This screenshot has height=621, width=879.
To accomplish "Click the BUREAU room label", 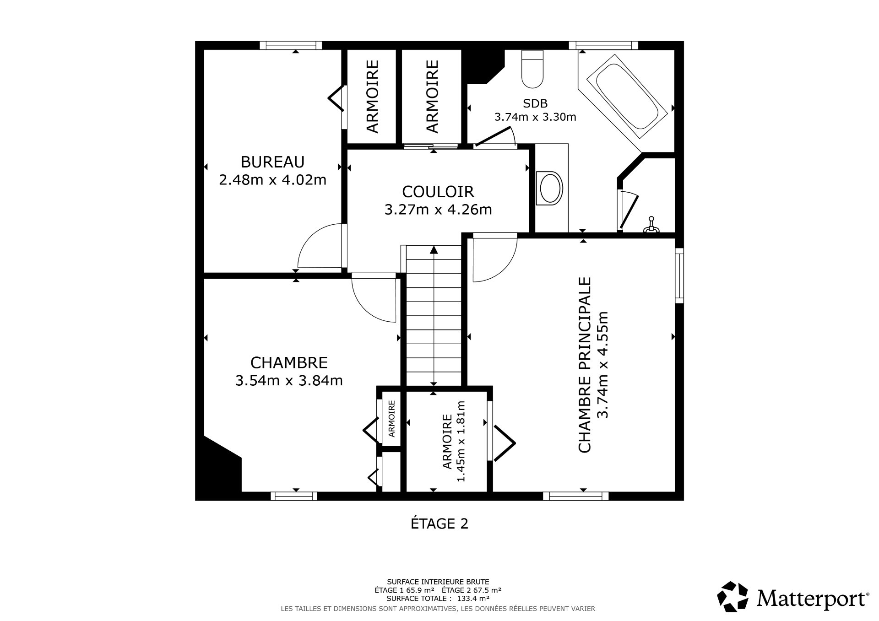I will [x=272, y=162].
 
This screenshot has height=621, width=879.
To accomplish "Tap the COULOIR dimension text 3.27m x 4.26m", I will [x=438, y=210].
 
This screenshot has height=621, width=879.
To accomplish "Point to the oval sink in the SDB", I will [x=551, y=188].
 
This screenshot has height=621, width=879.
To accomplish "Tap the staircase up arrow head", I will [x=434, y=250].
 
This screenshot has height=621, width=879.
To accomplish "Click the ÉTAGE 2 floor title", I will [x=439, y=524].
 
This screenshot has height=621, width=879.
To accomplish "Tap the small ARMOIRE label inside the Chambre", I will [x=392, y=419].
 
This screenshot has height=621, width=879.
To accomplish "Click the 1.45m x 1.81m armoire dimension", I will [x=461, y=442].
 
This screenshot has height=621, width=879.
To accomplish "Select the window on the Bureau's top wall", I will [x=291, y=45].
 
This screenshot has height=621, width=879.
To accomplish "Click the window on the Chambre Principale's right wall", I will [x=679, y=275].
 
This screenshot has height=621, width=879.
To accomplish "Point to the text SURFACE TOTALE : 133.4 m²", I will [x=438, y=598].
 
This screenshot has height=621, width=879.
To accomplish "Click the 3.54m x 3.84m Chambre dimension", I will [x=289, y=380].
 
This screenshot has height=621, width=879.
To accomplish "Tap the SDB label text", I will [x=535, y=103].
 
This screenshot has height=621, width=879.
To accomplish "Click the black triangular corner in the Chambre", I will [x=220, y=471].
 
